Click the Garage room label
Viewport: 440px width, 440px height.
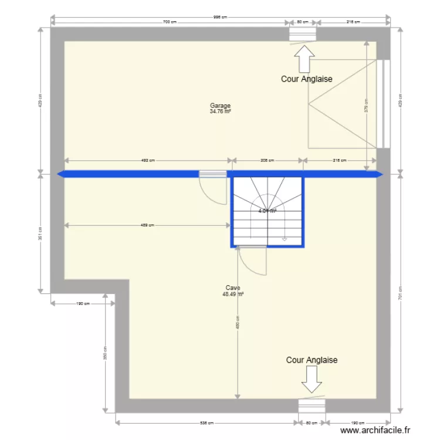(220, 106)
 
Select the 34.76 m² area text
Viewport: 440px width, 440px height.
(220, 111)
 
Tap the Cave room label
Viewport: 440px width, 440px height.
(232, 288)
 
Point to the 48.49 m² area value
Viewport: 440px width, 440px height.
(232, 294)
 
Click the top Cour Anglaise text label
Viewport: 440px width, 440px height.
(307, 79)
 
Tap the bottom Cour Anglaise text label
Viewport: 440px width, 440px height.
(312, 360)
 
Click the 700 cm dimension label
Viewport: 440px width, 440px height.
(170, 22)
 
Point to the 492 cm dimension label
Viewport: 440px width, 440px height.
(148, 160)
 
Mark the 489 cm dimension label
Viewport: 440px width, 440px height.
(148, 225)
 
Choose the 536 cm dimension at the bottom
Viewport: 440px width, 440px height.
(205, 422)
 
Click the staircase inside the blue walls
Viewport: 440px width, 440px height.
(268, 211)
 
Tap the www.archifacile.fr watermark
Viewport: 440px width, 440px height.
(375, 431)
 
